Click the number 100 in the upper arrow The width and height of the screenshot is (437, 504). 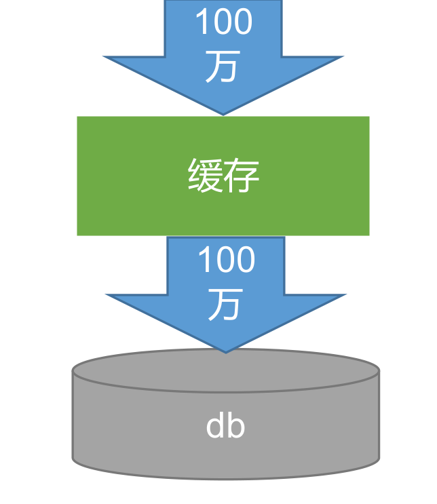tap(223, 22)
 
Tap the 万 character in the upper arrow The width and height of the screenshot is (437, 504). tap(223, 67)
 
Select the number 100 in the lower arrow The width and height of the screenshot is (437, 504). tap(226, 260)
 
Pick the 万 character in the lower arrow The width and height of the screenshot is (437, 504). tap(225, 305)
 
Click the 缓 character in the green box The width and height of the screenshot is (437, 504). tap(206, 176)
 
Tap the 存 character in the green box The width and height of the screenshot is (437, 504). tap(242, 176)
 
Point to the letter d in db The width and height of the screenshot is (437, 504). tap(215, 426)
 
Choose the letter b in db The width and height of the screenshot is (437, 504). tap(235, 426)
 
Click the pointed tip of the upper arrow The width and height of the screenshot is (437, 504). tap(223, 114)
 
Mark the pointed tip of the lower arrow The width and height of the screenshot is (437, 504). tap(226, 351)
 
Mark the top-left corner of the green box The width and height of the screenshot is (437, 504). tap(78, 117)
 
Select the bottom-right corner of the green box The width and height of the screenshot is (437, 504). tap(368, 234)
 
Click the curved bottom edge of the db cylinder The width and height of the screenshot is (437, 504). tap(225, 479)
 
